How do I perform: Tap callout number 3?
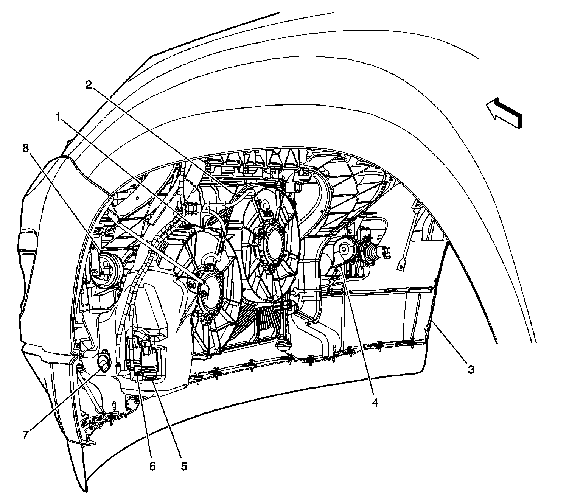pos(470,369)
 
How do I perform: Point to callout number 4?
pos(375,403)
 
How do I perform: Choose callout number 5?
pos(183,466)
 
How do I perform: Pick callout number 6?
pos(152,466)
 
